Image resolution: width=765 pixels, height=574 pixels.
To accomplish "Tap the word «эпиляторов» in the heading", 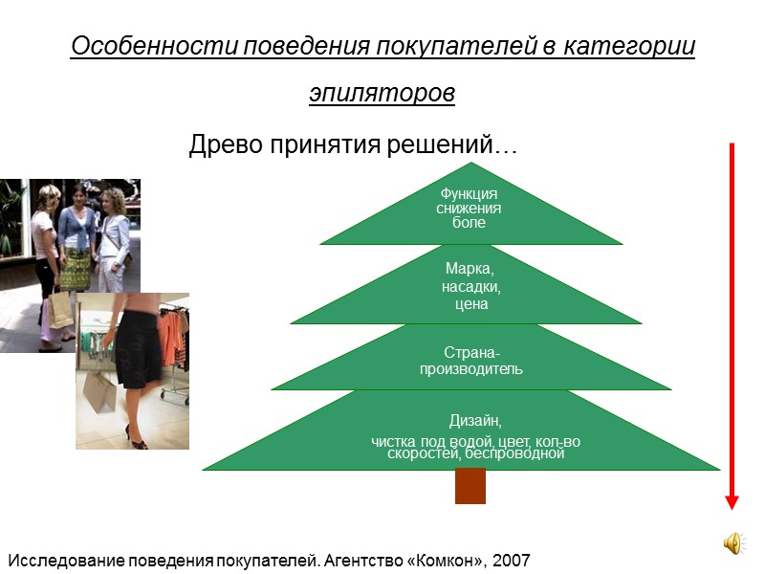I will [382, 94].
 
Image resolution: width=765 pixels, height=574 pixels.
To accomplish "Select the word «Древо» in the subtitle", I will [223, 146].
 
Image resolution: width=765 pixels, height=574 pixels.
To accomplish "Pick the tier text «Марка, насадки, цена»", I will [471, 286].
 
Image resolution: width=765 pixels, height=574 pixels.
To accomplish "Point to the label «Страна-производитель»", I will [471, 362].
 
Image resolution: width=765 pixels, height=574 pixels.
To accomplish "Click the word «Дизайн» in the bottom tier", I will [475, 420].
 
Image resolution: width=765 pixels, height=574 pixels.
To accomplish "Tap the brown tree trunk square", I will [470, 486].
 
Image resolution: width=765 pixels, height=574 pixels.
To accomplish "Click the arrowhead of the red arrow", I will [732, 501].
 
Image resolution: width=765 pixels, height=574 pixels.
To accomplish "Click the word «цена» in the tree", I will [471, 304].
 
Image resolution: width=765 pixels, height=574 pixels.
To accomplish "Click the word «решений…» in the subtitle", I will [460, 146].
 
